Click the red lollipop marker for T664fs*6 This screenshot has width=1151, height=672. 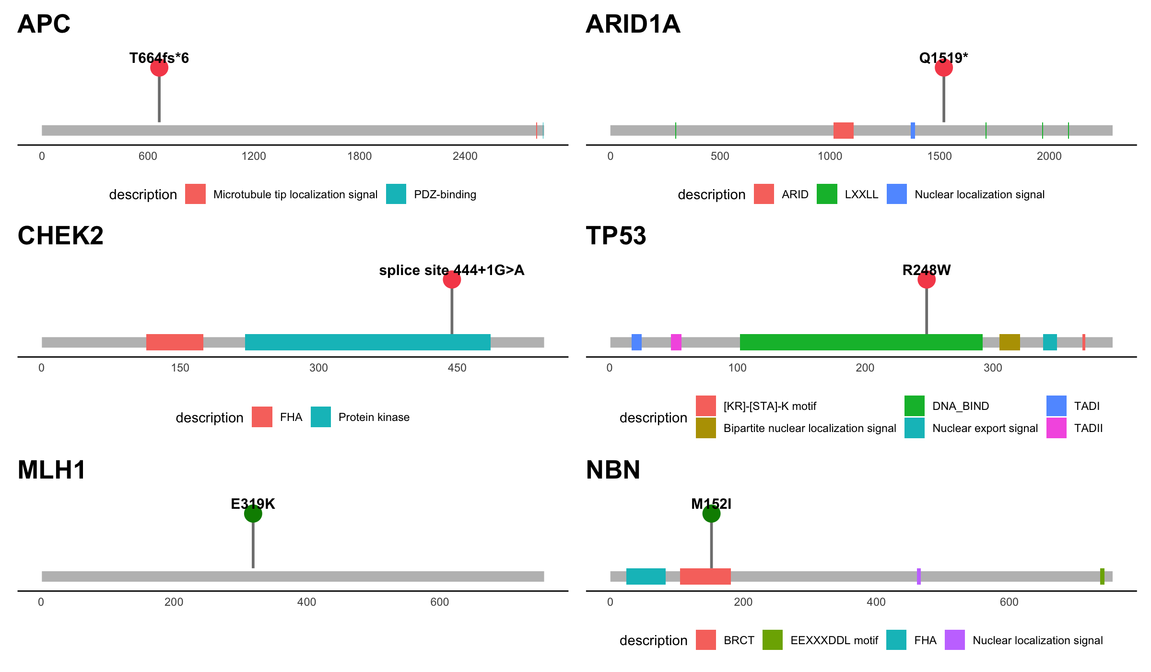click(x=159, y=68)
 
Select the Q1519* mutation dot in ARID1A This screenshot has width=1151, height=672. click(x=943, y=68)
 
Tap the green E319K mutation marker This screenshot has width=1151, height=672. click(x=253, y=514)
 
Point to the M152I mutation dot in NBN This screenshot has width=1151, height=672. click(x=711, y=514)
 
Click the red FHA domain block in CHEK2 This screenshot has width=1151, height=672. click(x=175, y=342)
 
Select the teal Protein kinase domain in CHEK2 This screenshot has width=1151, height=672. click(x=367, y=342)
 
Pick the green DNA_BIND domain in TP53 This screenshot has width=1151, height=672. click(x=861, y=342)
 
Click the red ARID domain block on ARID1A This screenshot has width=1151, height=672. click(x=843, y=131)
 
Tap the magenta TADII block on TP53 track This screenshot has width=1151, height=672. click(x=676, y=342)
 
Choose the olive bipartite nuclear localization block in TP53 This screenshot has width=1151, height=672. click(x=1010, y=342)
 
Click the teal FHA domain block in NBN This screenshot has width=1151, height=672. click(x=646, y=576)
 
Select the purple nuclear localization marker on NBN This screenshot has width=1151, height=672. click(x=918, y=576)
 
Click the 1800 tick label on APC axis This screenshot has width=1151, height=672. click(x=359, y=156)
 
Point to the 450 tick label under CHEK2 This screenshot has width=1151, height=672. click(x=457, y=368)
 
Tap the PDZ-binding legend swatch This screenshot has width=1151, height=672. click(x=396, y=194)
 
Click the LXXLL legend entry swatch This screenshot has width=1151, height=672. click(x=827, y=194)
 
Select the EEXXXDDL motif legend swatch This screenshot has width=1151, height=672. click(x=772, y=640)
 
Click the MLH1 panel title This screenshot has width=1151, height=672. click(x=52, y=470)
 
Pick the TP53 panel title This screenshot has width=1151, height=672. click(x=616, y=236)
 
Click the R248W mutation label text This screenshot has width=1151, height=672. click(x=926, y=270)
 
